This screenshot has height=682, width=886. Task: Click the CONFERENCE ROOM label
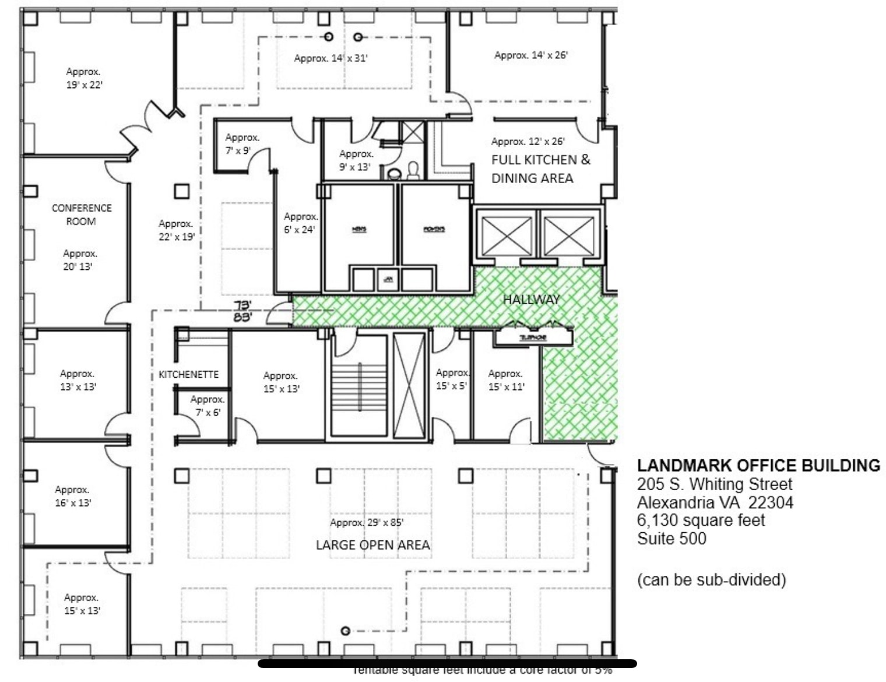pyautogui.click(x=81, y=215)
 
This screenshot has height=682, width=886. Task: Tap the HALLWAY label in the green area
pyautogui.click(x=531, y=300)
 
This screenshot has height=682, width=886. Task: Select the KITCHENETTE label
pyautogui.click(x=188, y=375)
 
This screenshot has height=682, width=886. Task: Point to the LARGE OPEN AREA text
pyautogui.click(x=372, y=545)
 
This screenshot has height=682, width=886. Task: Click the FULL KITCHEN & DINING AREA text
pyautogui.click(x=540, y=168)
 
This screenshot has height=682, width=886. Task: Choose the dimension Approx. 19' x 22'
pyautogui.click(x=84, y=78)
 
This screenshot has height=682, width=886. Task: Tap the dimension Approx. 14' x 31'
pyautogui.click(x=331, y=58)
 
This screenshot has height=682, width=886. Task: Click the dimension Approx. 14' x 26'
pyautogui.click(x=530, y=55)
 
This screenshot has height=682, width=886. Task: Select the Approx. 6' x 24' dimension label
pyautogui.click(x=300, y=223)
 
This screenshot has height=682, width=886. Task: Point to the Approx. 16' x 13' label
pyautogui.click(x=73, y=496)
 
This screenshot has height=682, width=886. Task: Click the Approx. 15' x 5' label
pyautogui.click(x=452, y=379)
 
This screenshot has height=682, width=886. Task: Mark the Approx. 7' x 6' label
pyautogui.click(x=208, y=406)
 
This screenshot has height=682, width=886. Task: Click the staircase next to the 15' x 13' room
pyautogui.click(x=359, y=385)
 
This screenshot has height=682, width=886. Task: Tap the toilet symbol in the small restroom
pyautogui.click(x=413, y=170)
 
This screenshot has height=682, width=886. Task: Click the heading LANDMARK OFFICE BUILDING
pyautogui.click(x=758, y=466)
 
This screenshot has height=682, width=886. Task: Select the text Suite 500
pyautogui.click(x=671, y=538)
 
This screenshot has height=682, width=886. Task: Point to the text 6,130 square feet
pyautogui.click(x=701, y=520)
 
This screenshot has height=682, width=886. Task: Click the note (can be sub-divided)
pyautogui.click(x=711, y=580)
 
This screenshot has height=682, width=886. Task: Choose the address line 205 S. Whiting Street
pyautogui.click(x=715, y=484)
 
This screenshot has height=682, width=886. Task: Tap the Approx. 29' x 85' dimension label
pyautogui.click(x=367, y=522)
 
